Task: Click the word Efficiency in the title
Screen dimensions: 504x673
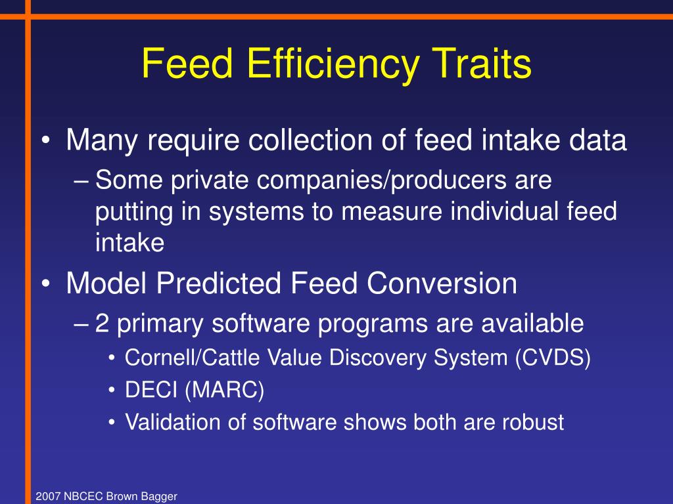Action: [334, 64]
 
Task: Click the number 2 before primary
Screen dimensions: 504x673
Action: [102, 323]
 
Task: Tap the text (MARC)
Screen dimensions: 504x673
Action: [224, 390]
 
